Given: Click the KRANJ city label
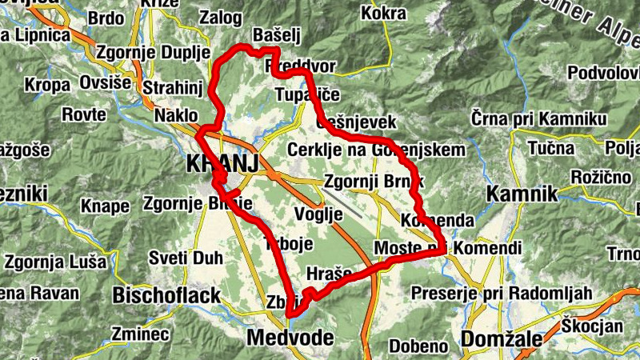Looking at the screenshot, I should point(222,164).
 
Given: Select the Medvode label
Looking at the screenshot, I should point(290,338).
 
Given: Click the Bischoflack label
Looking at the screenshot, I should point(166,296).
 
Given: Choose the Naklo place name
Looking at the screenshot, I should point(176,115).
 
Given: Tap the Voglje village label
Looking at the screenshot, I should point(318,214).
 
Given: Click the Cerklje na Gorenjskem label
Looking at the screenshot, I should point(376,150).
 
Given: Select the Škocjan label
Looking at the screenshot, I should point(592,326).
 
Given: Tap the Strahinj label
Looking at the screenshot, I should point(174,86).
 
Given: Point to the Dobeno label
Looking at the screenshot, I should point(418,346).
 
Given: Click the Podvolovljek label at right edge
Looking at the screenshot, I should point(603,73).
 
